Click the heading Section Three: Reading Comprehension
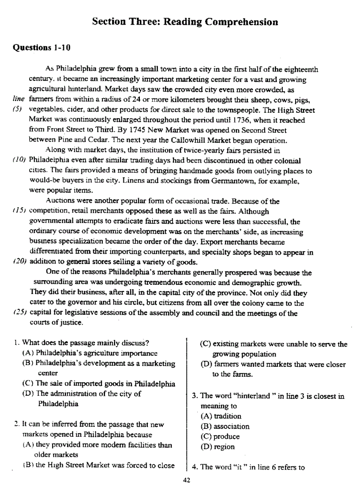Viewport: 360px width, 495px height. pos(185,22)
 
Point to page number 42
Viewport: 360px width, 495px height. pos(186,480)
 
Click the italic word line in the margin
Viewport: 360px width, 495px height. pos(18,100)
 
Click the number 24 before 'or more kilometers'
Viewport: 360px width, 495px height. pos(128,100)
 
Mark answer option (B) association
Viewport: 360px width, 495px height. pos(225,426)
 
